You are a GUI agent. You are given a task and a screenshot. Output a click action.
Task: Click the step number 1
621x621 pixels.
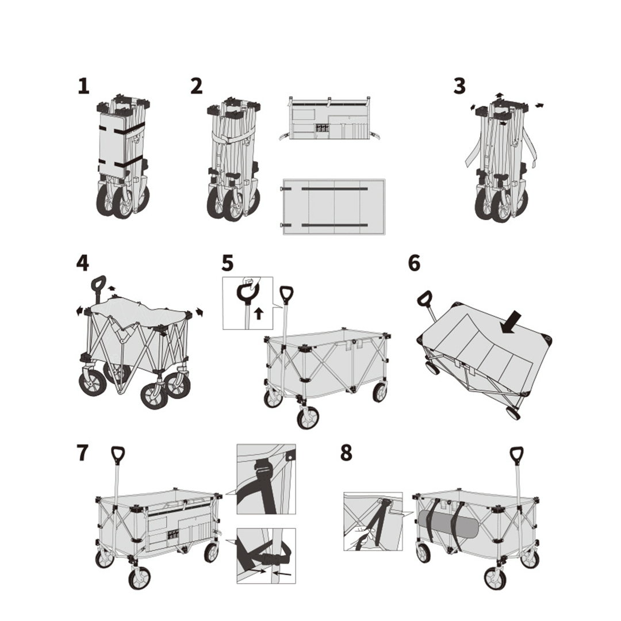pos(84,86)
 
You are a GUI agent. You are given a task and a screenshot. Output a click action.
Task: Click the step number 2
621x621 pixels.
pos(197,86)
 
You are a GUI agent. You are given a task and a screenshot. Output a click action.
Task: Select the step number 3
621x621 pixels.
pos(459,86)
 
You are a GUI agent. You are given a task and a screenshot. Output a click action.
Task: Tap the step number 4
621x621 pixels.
pos(83,263)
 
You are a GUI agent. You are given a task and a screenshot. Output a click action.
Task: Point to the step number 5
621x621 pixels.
pos(228,263)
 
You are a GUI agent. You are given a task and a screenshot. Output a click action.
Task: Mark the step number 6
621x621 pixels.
pos(414,263)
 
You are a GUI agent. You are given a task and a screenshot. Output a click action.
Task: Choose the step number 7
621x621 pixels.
pos(83,453)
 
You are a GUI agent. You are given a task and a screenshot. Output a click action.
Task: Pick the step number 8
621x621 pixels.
pos(346,453)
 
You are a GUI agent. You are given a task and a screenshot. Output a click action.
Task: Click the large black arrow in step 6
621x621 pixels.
pos(511,322)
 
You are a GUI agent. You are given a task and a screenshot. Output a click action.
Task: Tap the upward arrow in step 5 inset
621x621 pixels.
pos(259,313)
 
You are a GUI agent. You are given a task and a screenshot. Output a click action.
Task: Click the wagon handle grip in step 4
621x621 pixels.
pos(98,283)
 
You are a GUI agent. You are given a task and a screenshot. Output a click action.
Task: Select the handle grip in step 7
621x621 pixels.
pos(118,455)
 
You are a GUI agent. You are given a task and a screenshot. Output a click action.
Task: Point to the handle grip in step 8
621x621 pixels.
pos(516,455)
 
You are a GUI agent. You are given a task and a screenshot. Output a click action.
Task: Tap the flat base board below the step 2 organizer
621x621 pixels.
pos(333,206)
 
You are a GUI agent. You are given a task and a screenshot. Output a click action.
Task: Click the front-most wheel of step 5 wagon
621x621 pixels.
pos(308,417)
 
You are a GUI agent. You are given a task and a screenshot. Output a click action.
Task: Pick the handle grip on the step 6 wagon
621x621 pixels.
pos(424,298)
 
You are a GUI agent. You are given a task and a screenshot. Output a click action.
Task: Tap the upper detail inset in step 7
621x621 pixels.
pos(266,478)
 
